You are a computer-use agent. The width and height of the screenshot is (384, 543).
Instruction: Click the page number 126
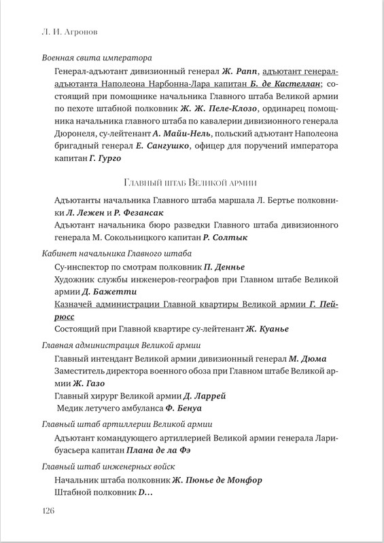click(50, 510)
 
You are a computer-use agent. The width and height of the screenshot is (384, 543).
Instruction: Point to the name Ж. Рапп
click(239, 71)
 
